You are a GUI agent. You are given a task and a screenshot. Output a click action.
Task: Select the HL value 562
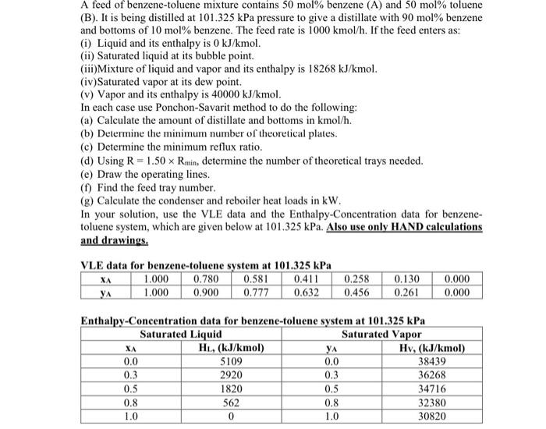click(230, 402)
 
